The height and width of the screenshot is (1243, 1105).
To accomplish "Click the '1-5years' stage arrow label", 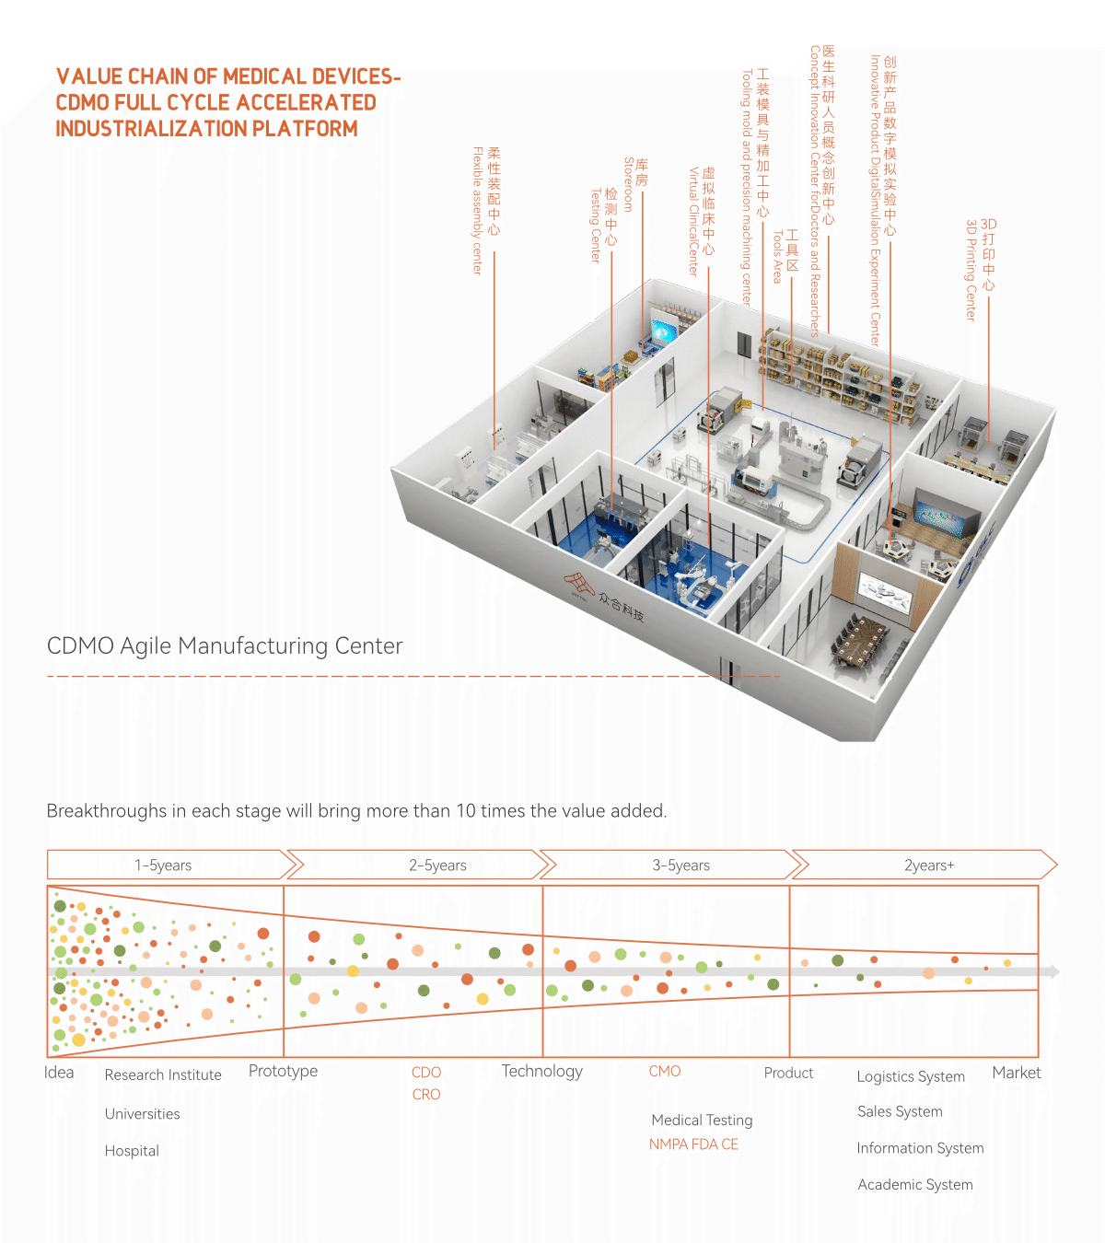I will [163, 865].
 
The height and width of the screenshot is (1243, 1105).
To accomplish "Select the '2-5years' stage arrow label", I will [437, 865].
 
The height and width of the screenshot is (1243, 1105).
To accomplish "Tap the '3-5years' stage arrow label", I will [680, 865].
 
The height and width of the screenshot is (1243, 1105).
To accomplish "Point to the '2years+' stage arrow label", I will [929, 865].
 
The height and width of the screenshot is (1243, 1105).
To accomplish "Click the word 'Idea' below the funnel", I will [59, 1073].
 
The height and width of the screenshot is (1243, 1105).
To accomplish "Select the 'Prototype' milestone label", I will [283, 1072].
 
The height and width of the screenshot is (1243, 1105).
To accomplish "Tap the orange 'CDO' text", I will [426, 1073].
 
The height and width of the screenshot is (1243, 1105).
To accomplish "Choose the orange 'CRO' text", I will [426, 1095].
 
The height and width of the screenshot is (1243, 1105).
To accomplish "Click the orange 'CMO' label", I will [665, 1072].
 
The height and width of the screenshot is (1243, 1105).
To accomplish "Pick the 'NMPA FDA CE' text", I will [693, 1144].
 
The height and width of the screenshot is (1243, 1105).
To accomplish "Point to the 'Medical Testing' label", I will [702, 1121].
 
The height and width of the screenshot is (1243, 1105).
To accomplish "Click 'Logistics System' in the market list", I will [911, 1077].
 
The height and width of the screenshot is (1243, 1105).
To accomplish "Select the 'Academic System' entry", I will [915, 1185].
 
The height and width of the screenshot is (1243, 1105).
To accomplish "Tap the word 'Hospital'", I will [132, 1151].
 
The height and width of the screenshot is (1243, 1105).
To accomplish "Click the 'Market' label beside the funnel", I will [1016, 1073].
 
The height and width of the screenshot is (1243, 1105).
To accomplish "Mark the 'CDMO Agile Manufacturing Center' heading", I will [225, 646].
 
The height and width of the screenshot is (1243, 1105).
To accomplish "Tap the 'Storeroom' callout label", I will [635, 183].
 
